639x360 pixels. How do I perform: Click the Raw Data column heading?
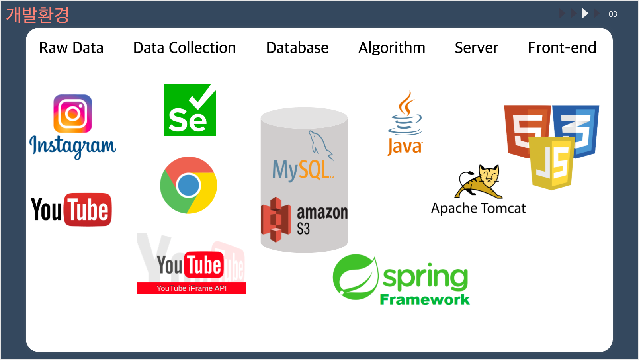click(x=71, y=48)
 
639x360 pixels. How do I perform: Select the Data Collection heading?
click(x=184, y=48)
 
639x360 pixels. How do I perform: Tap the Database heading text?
click(x=297, y=48)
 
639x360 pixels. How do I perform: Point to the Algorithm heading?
click(x=392, y=48)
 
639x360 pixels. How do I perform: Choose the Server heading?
click(x=476, y=48)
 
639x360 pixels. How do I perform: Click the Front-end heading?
click(x=562, y=48)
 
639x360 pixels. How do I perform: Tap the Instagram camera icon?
click(x=73, y=113)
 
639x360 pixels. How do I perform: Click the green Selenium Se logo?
click(x=190, y=110)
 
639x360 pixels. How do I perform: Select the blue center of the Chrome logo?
click(x=188, y=186)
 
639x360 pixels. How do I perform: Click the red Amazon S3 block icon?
click(x=276, y=219)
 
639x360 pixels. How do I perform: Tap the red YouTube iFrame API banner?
click(x=192, y=288)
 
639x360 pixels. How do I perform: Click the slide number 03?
click(x=613, y=14)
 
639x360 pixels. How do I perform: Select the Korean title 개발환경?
click(x=37, y=15)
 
